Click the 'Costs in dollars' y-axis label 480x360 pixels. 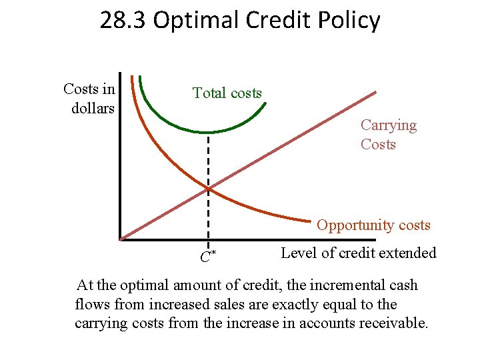click(89, 99)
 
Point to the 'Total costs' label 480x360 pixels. click(227, 93)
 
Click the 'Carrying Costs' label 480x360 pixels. click(388, 135)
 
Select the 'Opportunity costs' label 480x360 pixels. click(373, 225)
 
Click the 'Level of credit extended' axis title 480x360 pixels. click(359, 253)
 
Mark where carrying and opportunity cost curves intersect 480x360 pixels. click(209, 189)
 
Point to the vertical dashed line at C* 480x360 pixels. click(209, 160)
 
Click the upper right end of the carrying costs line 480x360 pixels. click(375, 93)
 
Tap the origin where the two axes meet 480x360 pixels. click(121, 238)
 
